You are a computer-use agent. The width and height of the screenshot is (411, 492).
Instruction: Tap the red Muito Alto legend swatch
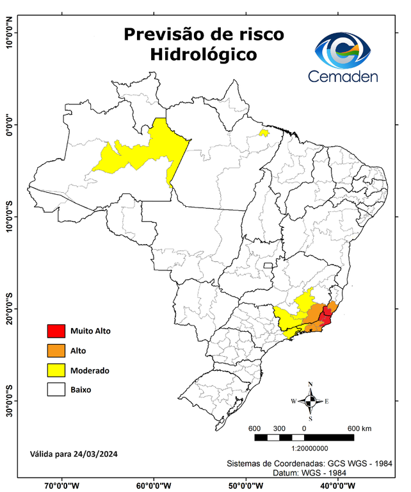(56, 331)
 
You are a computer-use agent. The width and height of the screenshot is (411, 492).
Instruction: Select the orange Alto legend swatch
(56, 350)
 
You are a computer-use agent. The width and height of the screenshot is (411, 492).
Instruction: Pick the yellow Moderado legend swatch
(56, 370)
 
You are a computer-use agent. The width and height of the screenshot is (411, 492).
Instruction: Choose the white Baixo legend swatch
(56, 389)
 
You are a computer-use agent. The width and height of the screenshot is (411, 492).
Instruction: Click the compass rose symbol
(310, 401)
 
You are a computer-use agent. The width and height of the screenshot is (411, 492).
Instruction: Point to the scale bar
(304, 438)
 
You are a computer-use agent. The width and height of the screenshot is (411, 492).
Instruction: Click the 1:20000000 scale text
(309, 448)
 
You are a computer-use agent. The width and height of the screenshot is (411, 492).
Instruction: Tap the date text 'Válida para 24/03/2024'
(74, 454)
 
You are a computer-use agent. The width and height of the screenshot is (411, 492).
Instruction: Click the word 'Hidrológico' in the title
(204, 55)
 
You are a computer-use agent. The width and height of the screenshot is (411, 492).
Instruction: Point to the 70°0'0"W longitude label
(61, 484)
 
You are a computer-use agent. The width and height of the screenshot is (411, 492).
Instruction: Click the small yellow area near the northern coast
(263, 133)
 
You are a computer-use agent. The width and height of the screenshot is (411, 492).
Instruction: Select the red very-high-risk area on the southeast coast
(326, 316)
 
